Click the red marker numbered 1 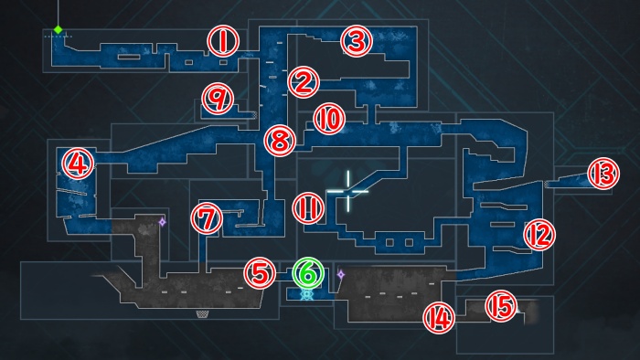222,39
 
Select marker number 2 302,82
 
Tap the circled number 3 357,40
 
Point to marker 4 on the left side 78,164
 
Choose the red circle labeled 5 260,271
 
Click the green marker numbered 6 308,271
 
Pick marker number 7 208,218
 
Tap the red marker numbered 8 280,140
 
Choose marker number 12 539,235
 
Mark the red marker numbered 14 438,316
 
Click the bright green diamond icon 58,29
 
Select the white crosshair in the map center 347,191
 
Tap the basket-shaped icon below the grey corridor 201,314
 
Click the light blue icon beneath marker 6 308,295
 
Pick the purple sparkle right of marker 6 341,273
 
